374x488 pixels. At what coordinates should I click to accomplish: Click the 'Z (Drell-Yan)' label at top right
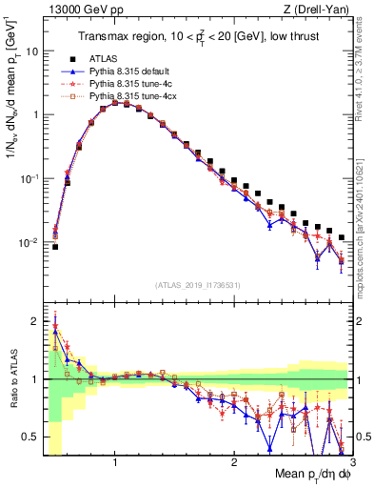click(x=321, y=9)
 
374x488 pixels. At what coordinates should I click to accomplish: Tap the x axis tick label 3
click(x=352, y=462)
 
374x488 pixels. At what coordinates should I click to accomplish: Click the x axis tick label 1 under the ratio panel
click(x=115, y=462)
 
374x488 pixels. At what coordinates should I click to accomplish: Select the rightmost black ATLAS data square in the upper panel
click(x=342, y=236)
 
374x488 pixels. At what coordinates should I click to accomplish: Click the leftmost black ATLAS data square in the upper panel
click(x=55, y=247)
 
